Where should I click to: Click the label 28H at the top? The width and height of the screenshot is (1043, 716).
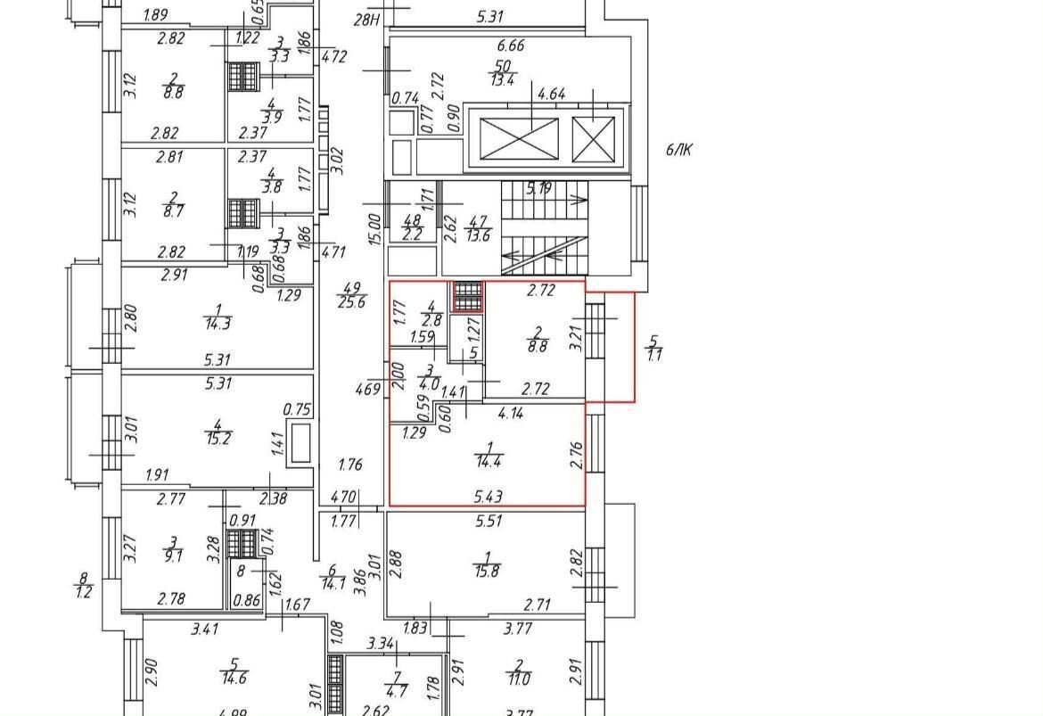coord(367,19)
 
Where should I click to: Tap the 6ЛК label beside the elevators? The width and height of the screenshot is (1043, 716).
coord(678,150)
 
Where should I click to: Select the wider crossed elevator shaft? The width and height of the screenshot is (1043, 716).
coord(519,139)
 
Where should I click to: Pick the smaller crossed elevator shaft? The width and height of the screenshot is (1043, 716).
coord(593,139)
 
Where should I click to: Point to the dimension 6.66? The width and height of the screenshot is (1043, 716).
coord(512,46)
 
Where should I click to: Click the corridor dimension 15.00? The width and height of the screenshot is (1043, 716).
coord(375,228)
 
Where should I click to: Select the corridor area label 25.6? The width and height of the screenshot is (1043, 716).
coord(351,302)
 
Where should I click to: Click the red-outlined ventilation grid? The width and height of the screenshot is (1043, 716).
coord(467,296)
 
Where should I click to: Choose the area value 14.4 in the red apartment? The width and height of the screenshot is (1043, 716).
coord(489,463)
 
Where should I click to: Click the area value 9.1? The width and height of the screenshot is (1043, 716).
coord(174,556)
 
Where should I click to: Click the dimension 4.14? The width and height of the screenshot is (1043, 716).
coord(511,414)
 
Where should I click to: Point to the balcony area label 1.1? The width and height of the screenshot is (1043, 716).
coord(654,355)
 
